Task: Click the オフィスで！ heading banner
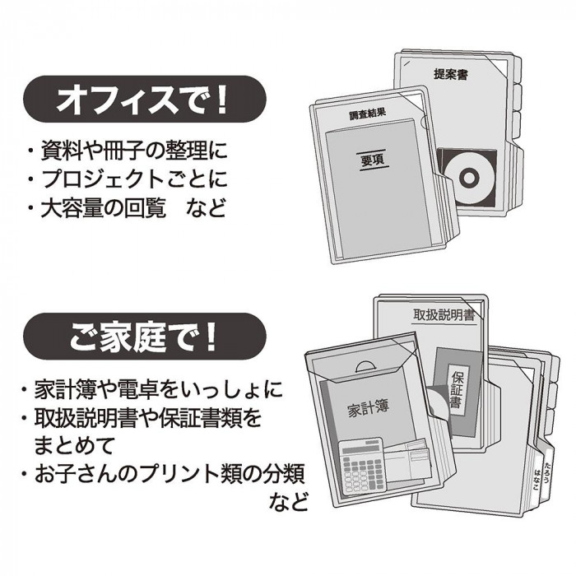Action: point(144,100)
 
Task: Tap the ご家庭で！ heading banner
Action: point(144,336)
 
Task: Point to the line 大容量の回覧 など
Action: point(127,207)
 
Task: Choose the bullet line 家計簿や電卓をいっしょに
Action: point(152,389)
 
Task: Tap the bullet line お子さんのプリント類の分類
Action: point(164,474)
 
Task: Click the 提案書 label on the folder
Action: point(451,74)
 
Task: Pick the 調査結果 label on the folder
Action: point(367,114)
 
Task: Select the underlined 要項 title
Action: point(373,160)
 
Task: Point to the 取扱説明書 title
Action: point(444,315)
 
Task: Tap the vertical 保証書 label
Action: point(457,389)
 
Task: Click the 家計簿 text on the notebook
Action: point(368,408)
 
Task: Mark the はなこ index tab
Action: point(537,480)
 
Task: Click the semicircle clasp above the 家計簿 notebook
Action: point(369,367)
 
